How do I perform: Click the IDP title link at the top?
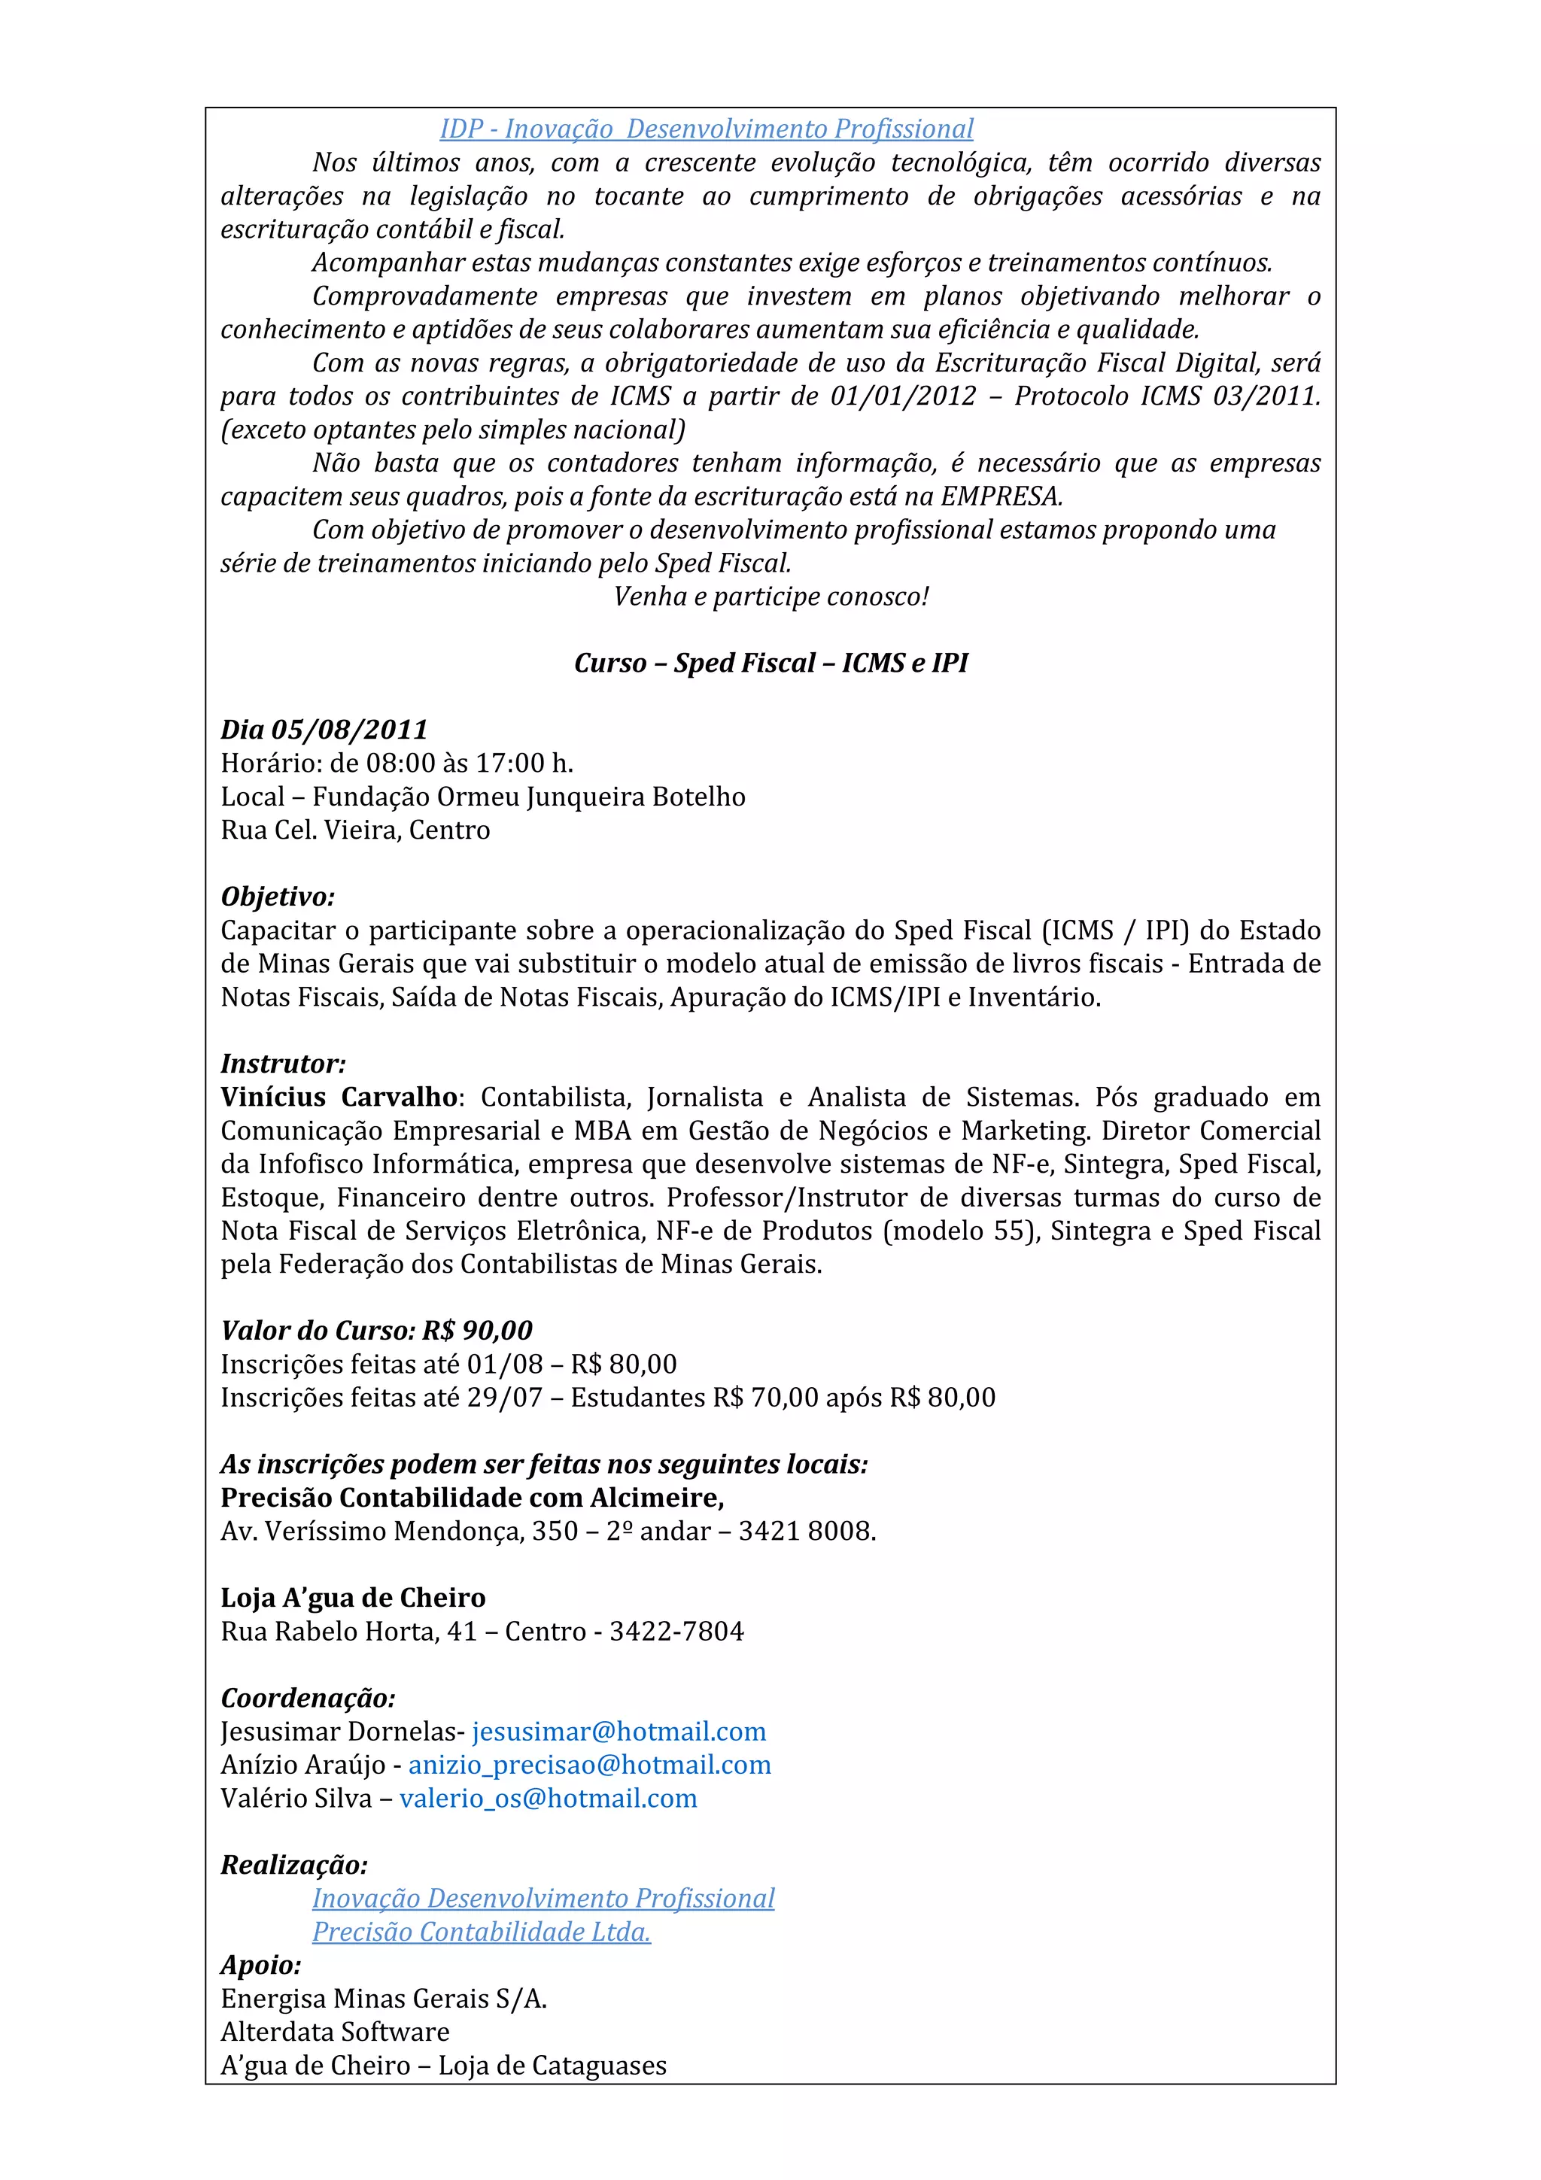707,129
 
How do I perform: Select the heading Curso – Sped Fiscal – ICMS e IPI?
771,663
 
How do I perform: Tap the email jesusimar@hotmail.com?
619,1731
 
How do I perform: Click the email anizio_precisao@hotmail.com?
590,1764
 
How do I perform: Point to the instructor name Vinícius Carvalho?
339,1097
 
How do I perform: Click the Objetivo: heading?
277,897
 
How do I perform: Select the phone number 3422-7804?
677,1631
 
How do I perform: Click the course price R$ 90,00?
478,1330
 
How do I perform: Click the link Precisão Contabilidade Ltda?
482,1931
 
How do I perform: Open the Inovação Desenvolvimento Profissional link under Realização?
543,1898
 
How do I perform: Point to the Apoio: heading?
261,1963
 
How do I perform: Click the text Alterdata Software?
335,2031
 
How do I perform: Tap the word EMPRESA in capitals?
1001,496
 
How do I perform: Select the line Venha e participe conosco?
771,597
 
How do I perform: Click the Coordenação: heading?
308,1698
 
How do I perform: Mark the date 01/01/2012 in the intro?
903,396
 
